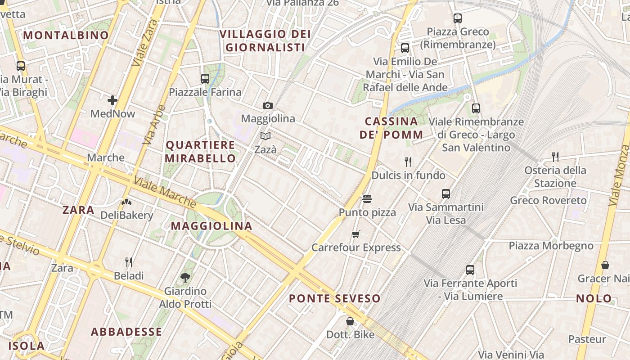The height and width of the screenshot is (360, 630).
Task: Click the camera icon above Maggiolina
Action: click(x=268, y=106)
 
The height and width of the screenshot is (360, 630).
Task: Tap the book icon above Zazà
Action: click(x=265, y=136)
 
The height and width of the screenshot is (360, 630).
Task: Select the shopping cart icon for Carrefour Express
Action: click(x=356, y=234)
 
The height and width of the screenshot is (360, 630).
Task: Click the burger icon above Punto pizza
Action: click(x=367, y=199)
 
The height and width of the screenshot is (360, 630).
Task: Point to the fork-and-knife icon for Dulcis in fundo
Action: click(x=408, y=162)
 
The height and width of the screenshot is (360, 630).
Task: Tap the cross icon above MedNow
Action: click(x=112, y=100)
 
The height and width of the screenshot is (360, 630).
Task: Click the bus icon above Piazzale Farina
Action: click(x=205, y=79)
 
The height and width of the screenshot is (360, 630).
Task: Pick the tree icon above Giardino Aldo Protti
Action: click(x=185, y=278)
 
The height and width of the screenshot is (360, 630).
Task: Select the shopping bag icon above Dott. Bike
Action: click(x=350, y=321)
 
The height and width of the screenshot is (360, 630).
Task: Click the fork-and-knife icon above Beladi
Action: click(x=129, y=262)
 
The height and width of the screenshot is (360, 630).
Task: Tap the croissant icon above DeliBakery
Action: click(x=126, y=202)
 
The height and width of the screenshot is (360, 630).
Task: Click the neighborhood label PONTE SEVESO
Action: click(x=334, y=298)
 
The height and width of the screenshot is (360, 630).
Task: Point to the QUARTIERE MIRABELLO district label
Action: click(x=200, y=152)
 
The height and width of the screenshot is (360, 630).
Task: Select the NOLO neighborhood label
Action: click(x=594, y=298)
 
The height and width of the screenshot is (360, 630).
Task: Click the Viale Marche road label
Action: click(x=165, y=193)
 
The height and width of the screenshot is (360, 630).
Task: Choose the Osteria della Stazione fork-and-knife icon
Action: click(x=555, y=157)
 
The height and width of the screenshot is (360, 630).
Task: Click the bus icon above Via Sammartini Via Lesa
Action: click(x=446, y=194)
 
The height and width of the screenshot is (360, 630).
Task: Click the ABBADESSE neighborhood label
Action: click(x=126, y=332)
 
